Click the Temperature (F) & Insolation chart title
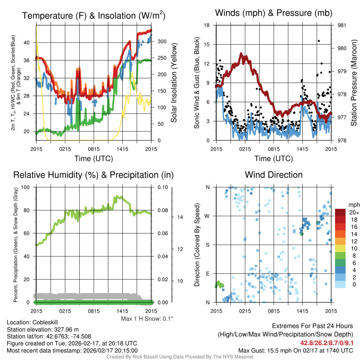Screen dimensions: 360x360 (x=94, y=16)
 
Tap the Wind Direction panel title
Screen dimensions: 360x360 (x=274, y=175)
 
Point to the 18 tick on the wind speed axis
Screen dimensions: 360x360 (x=207, y=25)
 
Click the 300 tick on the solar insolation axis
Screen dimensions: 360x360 (x=162, y=41)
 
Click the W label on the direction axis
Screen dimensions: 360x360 (x=207, y=216)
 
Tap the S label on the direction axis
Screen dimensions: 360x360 (x=207, y=245)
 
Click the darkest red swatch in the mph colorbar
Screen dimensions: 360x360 (x=340, y=212)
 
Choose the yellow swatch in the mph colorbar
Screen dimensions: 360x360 (x=340, y=248)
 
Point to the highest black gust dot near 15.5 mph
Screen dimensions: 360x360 (x=319, y=41)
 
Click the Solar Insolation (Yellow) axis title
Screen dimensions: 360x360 (x=174, y=83)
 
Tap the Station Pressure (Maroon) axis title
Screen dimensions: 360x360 (x=354, y=83)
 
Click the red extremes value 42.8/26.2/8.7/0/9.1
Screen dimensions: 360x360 (x=327, y=343)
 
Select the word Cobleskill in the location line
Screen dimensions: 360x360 (x=45, y=322)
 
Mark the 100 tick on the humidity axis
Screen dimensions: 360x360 (x=25, y=187)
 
